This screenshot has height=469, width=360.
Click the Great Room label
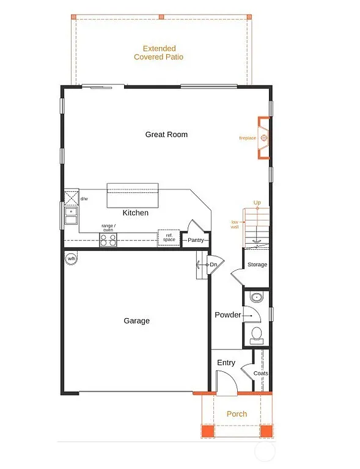click(166, 134)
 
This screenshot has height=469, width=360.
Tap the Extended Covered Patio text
click(159, 53)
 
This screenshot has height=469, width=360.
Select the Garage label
click(136, 321)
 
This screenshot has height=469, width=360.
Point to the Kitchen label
click(135, 213)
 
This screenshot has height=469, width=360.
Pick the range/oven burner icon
click(108, 240)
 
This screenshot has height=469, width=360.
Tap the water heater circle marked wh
click(72, 259)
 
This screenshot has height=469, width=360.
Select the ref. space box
click(169, 238)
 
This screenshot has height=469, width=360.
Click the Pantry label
click(196, 241)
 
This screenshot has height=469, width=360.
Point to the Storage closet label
click(257, 264)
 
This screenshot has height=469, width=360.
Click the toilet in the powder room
click(257, 334)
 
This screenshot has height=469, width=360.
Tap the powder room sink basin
click(257, 298)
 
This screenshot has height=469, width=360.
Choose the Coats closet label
click(260, 373)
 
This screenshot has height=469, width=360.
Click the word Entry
click(226, 363)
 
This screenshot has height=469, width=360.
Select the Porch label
click(237, 414)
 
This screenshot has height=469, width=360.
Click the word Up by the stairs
click(257, 203)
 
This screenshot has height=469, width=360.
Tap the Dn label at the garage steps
click(213, 264)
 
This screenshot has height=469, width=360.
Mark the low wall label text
click(234, 224)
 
